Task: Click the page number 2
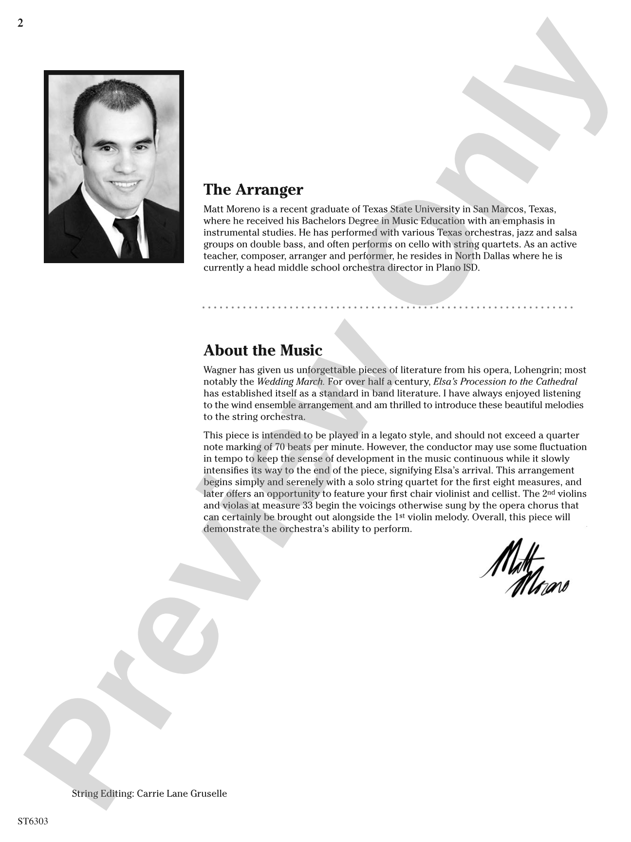tap(20, 23)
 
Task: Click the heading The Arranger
tap(253, 190)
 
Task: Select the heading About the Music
tap(262, 350)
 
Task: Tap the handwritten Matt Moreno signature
tap(523, 568)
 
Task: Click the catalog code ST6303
tap(33, 821)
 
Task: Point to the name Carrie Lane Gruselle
tap(182, 793)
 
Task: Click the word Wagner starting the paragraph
tap(220, 370)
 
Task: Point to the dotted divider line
tap(388, 307)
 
